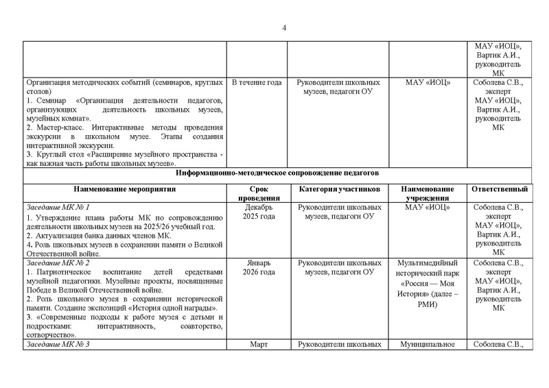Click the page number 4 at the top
[x=283, y=27]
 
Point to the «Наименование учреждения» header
[x=428, y=193]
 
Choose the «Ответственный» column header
[x=498, y=189]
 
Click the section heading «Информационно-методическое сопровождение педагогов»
[x=274, y=173]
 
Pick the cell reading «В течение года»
[x=256, y=83]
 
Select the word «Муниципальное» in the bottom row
[x=428, y=345]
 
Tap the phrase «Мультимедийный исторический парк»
[x=428, y=267]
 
